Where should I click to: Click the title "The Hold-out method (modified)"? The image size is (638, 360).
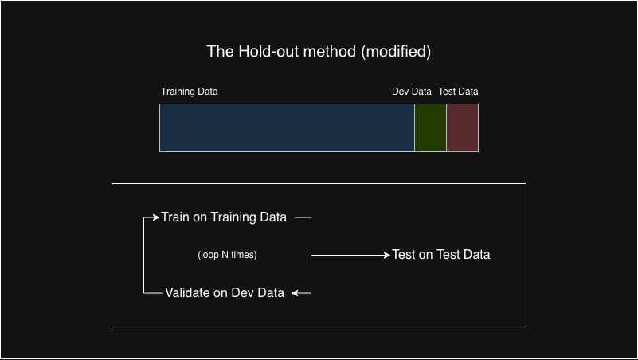[319, 52]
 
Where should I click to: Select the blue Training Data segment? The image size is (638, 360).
[287, 127]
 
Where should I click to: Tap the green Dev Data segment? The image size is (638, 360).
[430, 127]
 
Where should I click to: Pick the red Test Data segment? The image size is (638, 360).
[462, 127]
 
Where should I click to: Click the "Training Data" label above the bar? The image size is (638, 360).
[190, 92]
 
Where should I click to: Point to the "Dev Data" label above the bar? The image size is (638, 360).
[411, 92]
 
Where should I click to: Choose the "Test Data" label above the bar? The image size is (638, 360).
[458, 92]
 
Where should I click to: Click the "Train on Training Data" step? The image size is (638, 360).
[224, 217]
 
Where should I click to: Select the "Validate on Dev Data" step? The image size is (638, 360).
[225, 293]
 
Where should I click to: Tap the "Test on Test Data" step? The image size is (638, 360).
[441, 255]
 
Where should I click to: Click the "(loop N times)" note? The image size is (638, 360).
[227, 255]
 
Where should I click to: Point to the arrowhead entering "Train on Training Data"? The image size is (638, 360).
[156, 217]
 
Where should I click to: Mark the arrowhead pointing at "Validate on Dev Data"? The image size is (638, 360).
[295, 293]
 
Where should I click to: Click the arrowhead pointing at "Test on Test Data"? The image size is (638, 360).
[387, 256]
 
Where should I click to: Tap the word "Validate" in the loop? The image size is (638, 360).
[188, 293]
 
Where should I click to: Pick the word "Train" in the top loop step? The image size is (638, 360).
[175, 217]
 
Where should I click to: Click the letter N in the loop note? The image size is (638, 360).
[225, 255]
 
